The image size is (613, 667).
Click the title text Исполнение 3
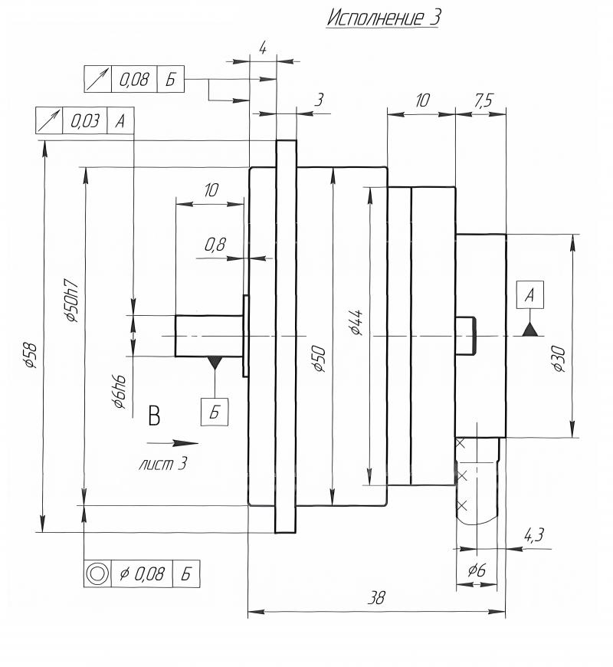(383, 18)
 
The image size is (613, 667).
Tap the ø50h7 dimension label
(70, 301)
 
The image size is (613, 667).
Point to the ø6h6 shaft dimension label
(120, 392)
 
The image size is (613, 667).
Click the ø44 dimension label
(356, 323)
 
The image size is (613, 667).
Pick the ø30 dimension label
(559, 360)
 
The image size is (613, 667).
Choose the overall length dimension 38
(376, 598)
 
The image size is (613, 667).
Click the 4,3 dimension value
(533, 534)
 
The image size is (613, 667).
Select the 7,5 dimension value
(484, 100)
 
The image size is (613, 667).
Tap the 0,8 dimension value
(215, 245)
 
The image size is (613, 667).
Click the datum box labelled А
(530, 294)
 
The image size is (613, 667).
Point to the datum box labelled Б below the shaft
(215, 412)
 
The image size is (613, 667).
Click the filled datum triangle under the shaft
(215, 363)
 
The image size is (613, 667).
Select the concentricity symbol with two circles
(97, 573)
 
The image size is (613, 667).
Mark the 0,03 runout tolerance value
(85, 121)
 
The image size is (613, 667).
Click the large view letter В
(154, 416)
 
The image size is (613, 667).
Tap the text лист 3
(162, 464)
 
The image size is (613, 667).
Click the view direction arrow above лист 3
(172, 443)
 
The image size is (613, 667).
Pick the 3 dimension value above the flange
(319, 100)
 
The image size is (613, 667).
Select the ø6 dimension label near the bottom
(477, 570)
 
